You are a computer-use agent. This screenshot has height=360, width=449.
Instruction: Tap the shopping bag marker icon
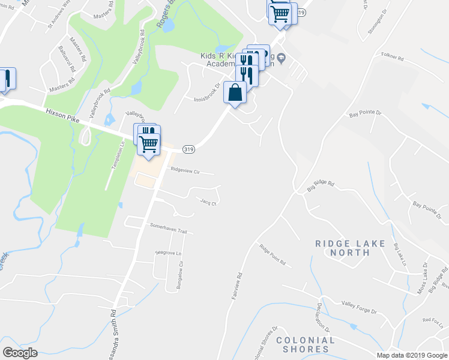click(x=235, y=93)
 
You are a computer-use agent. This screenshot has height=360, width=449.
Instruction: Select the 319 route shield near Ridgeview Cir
click(x=188, y=149)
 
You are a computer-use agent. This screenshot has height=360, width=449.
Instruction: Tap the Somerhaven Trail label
click(x=168, y=231)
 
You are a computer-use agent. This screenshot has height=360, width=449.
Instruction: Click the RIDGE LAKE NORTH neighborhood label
click(x=343, y=248)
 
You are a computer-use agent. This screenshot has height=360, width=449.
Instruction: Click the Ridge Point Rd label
click(x=273, y=254)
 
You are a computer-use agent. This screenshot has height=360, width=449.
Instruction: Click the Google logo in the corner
click(x=20, y=352)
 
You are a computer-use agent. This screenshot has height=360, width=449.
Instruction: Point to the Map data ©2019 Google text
click(x=412, y=355)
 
